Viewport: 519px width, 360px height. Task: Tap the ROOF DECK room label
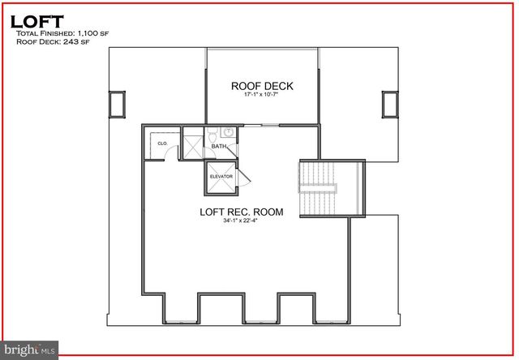(262, 86)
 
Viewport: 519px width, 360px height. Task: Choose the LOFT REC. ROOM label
(242, 212)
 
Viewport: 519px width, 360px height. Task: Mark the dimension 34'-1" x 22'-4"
(242, 223)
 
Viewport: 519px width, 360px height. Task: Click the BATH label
(219, 147)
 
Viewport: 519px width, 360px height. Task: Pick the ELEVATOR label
(221, 176)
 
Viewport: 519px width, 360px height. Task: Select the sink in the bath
(229, 131)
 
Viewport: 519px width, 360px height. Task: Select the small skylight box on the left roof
(118, 103)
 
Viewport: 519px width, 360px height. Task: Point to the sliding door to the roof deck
(261, 125)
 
